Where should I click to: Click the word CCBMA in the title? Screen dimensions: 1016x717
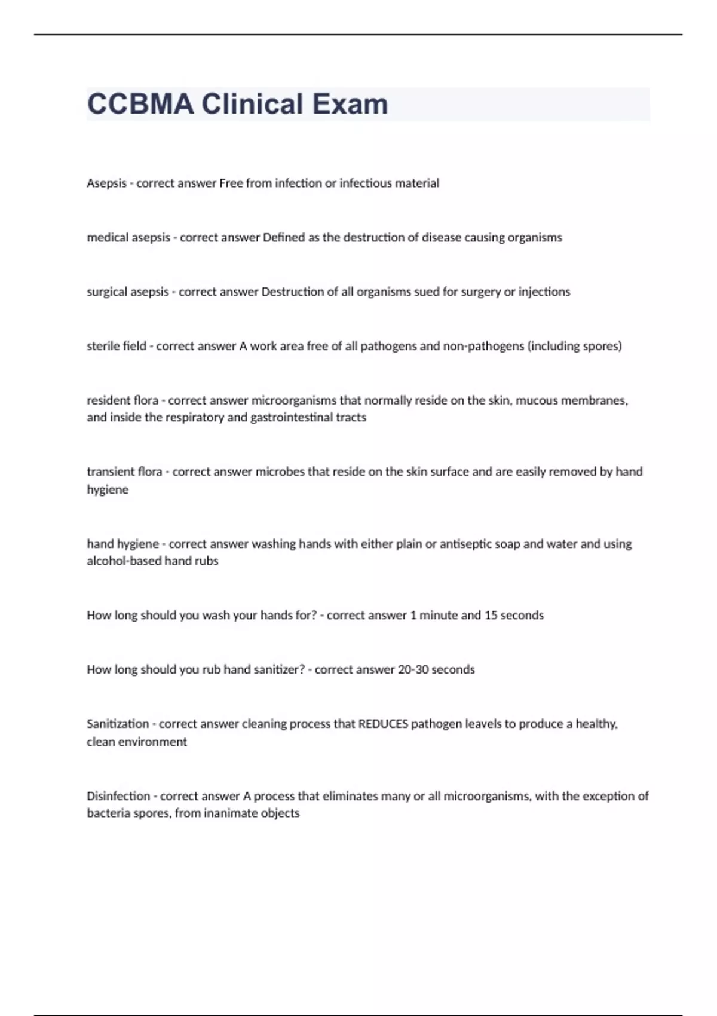pos(140,104)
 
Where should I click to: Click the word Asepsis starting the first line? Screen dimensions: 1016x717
pos(106,183)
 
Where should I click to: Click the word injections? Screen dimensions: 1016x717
pos(544,292)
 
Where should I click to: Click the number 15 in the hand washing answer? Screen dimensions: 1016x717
pos(491,615)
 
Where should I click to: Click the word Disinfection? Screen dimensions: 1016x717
pos(118,796)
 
